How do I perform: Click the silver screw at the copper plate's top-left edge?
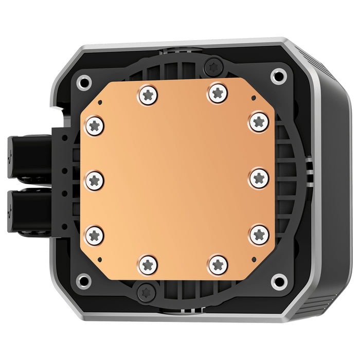coord(148,95)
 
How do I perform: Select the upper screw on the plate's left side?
coord(94,124)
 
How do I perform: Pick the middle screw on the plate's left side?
coord(95,179)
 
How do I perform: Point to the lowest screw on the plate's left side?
coord(94,235)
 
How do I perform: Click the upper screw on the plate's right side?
coord(258,122)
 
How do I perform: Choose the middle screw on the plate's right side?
coord(259,178)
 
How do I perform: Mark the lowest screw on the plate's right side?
coord(259,235)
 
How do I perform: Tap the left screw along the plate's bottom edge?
coord(148,264)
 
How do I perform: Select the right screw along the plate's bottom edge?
coord(219,264)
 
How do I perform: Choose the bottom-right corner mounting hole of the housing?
coord(279,280)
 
